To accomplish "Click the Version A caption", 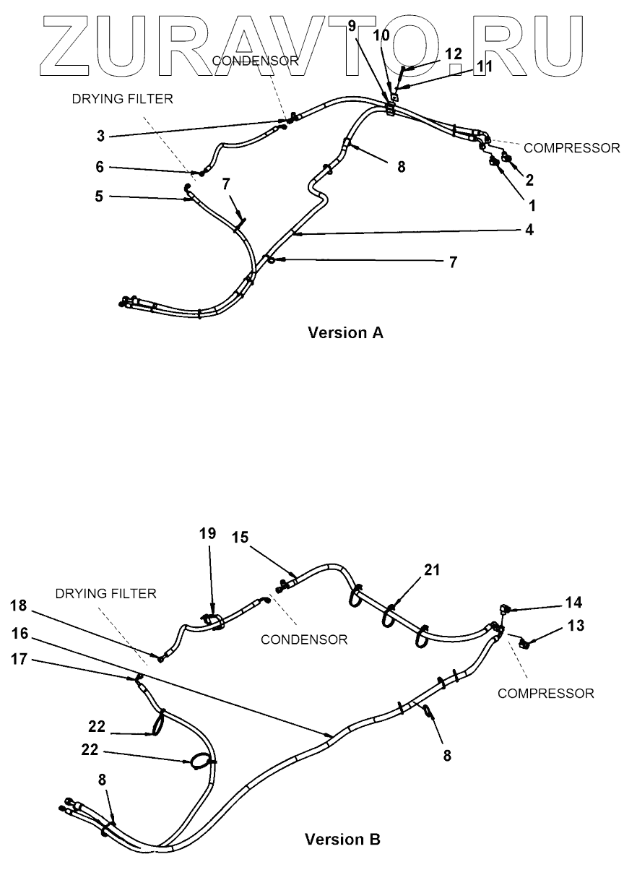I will (345, 333).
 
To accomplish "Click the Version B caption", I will (342, 840).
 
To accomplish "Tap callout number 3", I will (101, 135).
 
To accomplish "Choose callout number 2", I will (530, 179).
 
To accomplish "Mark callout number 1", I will (532, 205).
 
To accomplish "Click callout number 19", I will (207, 533).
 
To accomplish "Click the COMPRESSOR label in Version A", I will (571, 148).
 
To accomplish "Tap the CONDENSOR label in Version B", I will (304, 639).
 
